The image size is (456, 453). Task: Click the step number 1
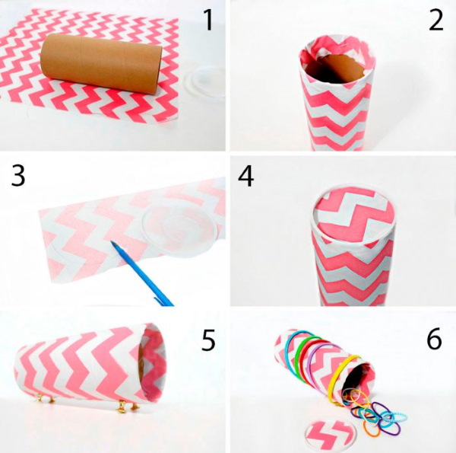(x=208, y=20)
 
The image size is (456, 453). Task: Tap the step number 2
(x=436, y=20)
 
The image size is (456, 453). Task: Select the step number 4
(x=245, y=176)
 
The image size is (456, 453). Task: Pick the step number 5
(x=208, y=340)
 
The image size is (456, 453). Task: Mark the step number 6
(x=434, y=339)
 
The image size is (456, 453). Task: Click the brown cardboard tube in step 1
(x=101, y=63)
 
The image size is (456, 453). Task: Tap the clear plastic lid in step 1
(x=204, y=84)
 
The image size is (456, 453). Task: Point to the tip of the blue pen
(x=112, y=242)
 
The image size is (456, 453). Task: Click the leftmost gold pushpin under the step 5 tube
(x=40, y=397)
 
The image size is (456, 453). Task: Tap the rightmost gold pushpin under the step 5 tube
(x=136, y=406)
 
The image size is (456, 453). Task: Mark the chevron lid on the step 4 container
(x=354, y=217)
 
